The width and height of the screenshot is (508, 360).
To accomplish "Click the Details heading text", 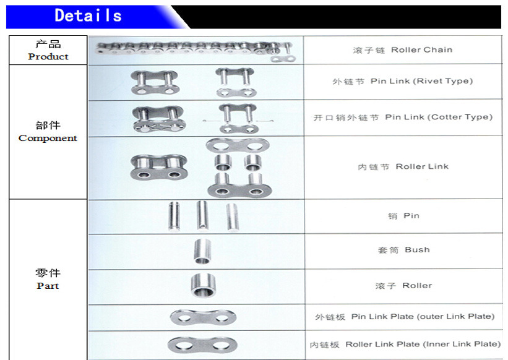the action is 88,15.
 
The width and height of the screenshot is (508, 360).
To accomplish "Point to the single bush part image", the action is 202,251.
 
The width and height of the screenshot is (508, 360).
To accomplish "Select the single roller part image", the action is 203,285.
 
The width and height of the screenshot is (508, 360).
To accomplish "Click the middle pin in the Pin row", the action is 202,215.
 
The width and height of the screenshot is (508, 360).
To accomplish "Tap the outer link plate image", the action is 203,317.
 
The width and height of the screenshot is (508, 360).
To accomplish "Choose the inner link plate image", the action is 202,345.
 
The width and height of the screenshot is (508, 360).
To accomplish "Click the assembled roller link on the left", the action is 159,168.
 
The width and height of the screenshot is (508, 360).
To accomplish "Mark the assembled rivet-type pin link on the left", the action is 155,82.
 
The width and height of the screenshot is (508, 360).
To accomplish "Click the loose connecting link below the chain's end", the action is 283,59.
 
